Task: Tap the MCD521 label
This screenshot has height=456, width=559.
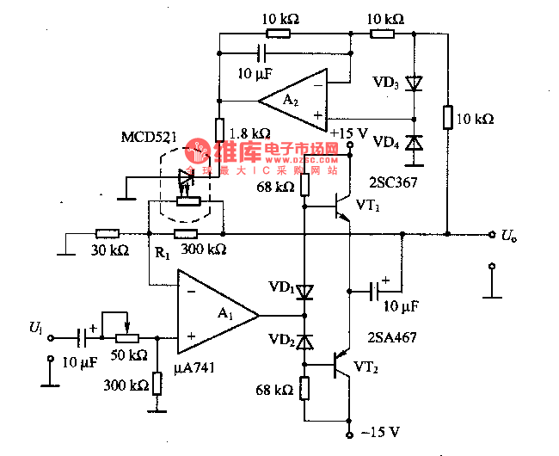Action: point(149,138)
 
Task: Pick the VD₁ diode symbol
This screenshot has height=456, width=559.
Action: point(304,291)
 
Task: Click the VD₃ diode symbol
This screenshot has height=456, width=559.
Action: point(415,83)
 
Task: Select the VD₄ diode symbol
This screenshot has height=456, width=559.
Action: point(415,143)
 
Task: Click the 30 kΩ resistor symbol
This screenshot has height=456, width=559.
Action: point(107,233)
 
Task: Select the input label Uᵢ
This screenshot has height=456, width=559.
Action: point(34,328)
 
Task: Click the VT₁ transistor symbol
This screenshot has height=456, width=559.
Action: point(341,206)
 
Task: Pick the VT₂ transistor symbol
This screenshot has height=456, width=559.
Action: point(341,365)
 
